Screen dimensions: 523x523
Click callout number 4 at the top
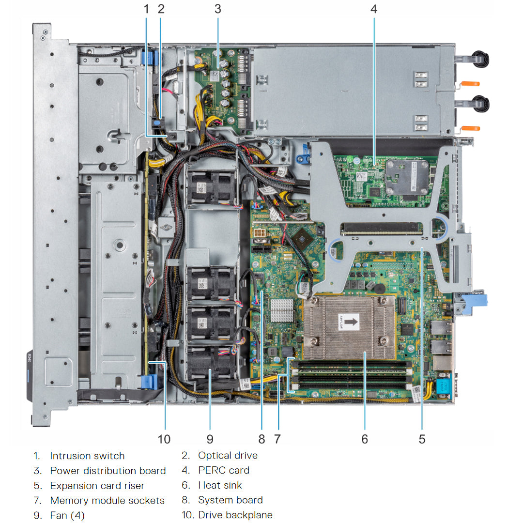click(x=373, y=9)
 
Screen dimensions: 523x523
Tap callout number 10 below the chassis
click(x=164, y=439)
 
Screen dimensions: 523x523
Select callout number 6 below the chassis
click(x=364, y=439)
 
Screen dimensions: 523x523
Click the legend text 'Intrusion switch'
click(x=87, y=456)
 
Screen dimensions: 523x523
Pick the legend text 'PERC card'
click(x=224, y=470)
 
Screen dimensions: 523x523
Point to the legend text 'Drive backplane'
click(x=235, y=515)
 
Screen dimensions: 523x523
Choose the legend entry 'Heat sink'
click(x=220, y=485)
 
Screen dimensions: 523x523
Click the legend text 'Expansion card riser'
click(x=97, y=485)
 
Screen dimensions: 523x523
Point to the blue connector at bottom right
click(x=443, y=386)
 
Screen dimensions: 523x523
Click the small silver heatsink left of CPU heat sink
click(x=282, y=310)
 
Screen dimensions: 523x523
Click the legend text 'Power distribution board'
click(x=108, y=470)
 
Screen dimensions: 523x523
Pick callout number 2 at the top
click(x=161, y=9)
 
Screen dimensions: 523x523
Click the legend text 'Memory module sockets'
click(x=107, y=500)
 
